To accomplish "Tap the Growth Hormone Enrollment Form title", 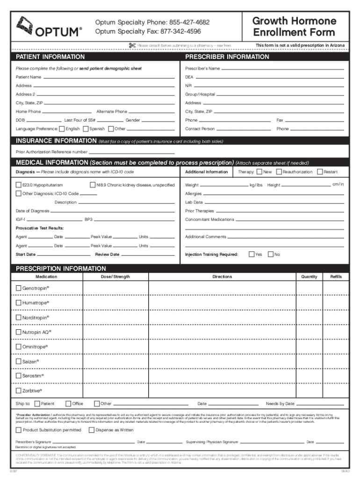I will pyautogui.click(x=294, y=27).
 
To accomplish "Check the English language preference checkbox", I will pyautogui.click(x=62, y=129).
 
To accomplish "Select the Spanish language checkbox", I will pyautogui.click(x=86, y=129).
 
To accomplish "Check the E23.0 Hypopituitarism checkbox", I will pyautogui.click(x=19, y=185).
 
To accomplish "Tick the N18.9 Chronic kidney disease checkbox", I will pyautogui.click(x=92, y=185).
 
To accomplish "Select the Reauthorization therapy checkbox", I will pyautogui.click(x=279, y=172).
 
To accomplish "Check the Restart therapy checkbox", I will pyautogui.click(x=320, y=172).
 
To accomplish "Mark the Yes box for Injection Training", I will pyautogui.click(x=252, y=254).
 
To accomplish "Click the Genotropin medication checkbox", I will pyautogui.click(x=19, y=288).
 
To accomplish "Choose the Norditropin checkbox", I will pyautogui.click(x=19, y=318).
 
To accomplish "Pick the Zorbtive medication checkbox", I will pyautogui.click(x=19, y=391).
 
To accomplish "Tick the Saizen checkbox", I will pyautogui.click(x=19, y=361).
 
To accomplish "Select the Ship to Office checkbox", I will pyautogui.click(x=68, y=404).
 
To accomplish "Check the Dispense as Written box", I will pyautogui.click(x=91, y=430).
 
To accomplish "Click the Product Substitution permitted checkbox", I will pyautogui.click(x=19, y=430).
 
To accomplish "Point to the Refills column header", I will pyautogui.click(x=336, y=277).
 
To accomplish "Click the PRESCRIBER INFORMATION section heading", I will pyautogui.click(x=227, y=57).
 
